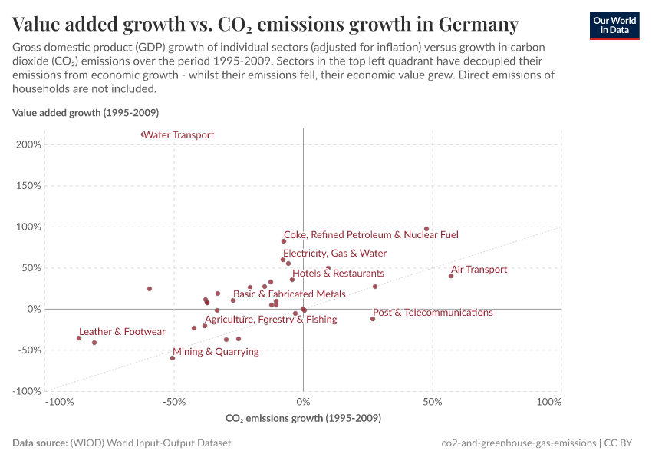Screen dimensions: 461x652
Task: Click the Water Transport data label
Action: [179, 135]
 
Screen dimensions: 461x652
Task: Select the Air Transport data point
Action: [451, 276]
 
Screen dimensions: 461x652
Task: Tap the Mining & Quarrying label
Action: [216, 352]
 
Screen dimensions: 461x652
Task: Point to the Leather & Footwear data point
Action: [79, 338]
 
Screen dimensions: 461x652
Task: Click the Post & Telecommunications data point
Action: [373, 319]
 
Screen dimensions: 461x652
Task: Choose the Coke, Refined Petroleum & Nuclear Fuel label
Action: [370, 235]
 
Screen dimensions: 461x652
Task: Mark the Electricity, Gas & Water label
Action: [334, 254]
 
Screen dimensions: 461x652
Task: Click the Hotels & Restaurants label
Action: [338, 274]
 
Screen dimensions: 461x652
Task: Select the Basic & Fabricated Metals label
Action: [289, 294]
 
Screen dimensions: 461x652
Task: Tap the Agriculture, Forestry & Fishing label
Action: [271, 320]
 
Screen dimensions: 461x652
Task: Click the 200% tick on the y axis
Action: [28, 144]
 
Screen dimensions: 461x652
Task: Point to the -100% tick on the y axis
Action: [26, 391]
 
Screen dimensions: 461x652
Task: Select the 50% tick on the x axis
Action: [432, 403]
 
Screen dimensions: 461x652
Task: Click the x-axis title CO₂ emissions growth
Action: [303, 419]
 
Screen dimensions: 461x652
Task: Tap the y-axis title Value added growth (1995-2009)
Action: [85, 113]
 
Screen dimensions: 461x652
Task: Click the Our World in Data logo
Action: [614, 25]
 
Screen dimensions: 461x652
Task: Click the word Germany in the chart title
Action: [478, 25]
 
